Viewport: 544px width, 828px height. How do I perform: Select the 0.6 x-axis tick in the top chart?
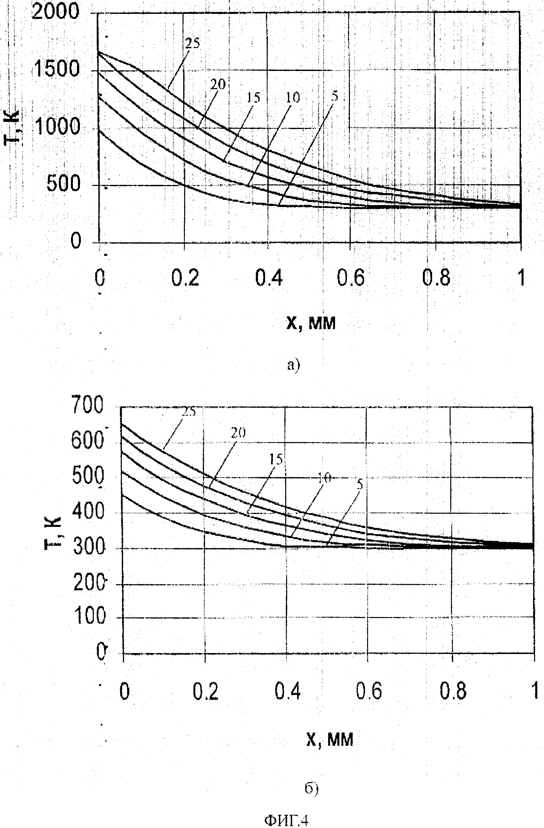[x=351, y=278]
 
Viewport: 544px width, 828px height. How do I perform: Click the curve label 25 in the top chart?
[x=192, y=44]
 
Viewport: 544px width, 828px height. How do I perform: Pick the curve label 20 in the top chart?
[x=218, y=84]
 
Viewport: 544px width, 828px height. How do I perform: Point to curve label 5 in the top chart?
[x=334, y=96]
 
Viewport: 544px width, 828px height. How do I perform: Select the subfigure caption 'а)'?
[x=293, y=365]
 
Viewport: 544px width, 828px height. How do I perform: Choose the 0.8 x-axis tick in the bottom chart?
[x=453, y=691]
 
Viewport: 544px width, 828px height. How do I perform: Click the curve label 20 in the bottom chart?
[x=238, y=433]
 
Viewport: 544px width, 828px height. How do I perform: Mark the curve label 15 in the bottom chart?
[x=276, y=460]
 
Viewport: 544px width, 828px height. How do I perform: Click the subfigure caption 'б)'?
[x=311, y=789]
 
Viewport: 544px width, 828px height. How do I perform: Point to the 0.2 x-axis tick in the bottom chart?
[x=206, y=691]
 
